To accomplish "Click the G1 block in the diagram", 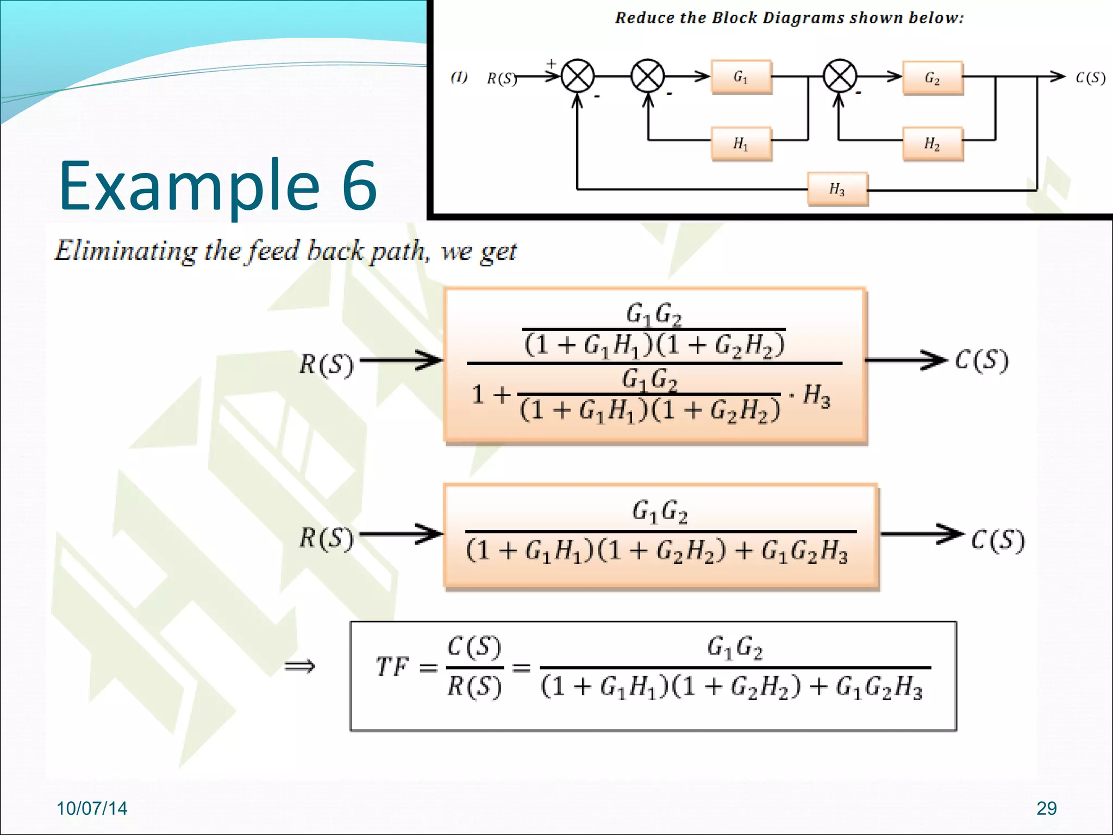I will (741, 77).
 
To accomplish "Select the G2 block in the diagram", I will (933, 78).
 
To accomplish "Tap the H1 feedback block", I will (741, 144).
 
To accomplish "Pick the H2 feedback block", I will (933, 144).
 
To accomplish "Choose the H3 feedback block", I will (837, 189).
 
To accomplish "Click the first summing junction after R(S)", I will (577, 77).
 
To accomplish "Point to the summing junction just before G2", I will (840, 76).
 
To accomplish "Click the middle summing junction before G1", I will (647, 77).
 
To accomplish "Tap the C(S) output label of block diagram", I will (1090, 78).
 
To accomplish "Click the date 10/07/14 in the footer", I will (92, 808).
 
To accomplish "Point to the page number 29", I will (1046, 808).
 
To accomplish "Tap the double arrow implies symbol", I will (300, 666).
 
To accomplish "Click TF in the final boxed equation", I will (392, 666).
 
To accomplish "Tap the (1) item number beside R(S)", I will (459, 77).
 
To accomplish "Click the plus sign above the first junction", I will (552, 64).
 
